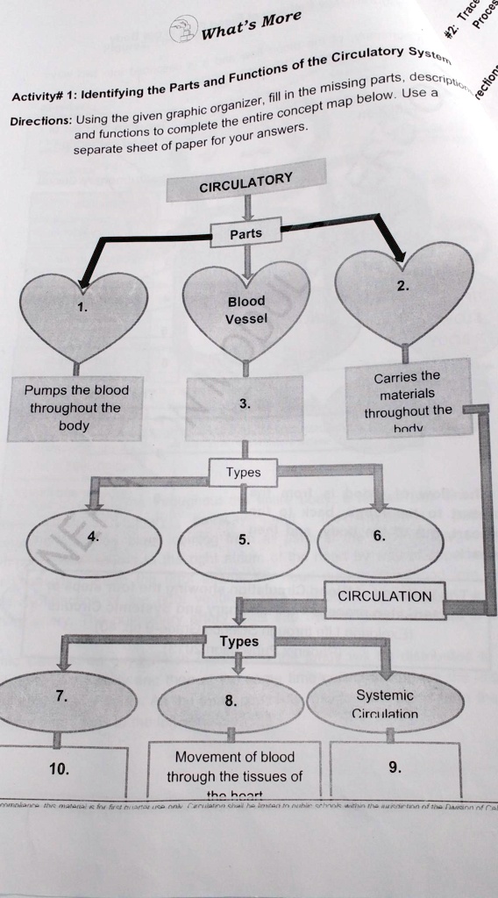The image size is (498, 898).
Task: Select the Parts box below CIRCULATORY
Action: click(x=245, y=233)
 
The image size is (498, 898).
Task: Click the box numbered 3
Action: click(x=245, y=404)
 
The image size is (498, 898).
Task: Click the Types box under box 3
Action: click(x=243, y=473)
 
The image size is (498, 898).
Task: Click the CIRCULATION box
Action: click(x=384, y=596)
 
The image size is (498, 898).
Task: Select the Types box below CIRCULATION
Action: click(x=238, y=641)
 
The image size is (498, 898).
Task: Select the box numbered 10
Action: click(x=61, y=769)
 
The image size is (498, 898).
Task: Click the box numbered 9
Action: click(x=395, y=768)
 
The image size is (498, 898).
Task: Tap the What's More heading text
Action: click(x=251, y=25)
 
